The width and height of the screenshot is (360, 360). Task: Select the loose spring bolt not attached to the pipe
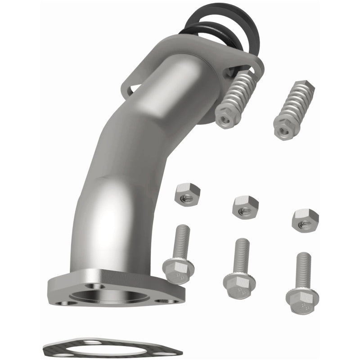(295, 106)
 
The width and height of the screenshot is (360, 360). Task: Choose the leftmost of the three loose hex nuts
(187, 194)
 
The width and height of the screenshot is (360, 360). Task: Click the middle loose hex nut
(245, 207)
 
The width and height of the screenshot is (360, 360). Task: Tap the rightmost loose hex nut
(305, 220)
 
